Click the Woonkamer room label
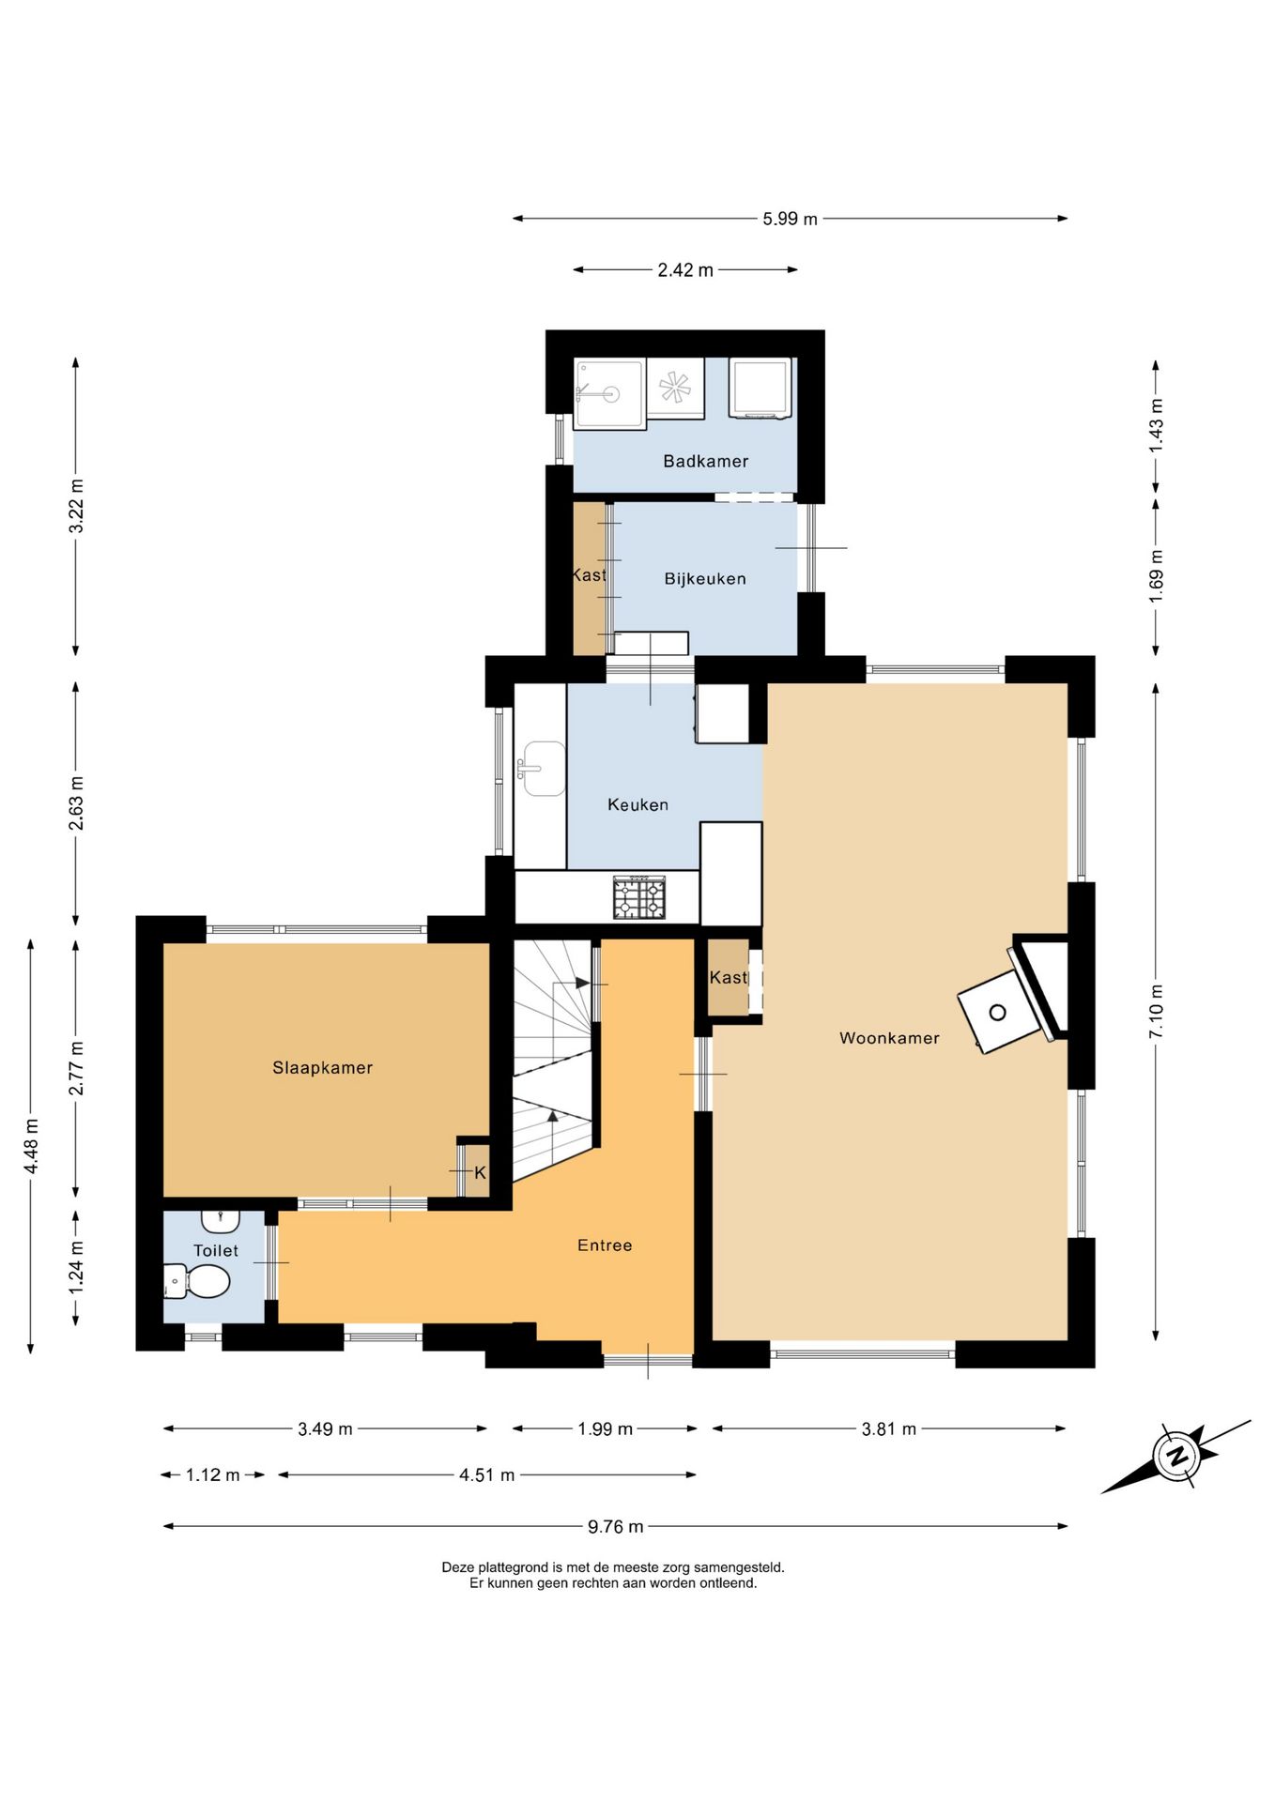(x=889, y=1038)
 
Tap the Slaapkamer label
(x=323, y=1068)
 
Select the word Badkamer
(x=706, y=461)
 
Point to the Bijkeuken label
(x=705, y=579)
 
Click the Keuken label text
(x=638, y=804)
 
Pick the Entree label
(x=605, y=1245)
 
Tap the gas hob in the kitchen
(x=639, y=897)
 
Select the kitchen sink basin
(x=543, y=769)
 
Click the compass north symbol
(x=1175, y=1457)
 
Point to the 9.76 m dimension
(x=616, y=1527)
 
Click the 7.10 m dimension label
(x=1156, y=1011)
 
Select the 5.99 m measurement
(x=790, y=219)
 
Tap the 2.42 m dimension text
(x=685, y=270)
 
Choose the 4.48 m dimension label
(x=31, y=1146)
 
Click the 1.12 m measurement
(x=213, y=1475)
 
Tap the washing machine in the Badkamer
(x=760, y=388)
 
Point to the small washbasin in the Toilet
(x=221, y=1221)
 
